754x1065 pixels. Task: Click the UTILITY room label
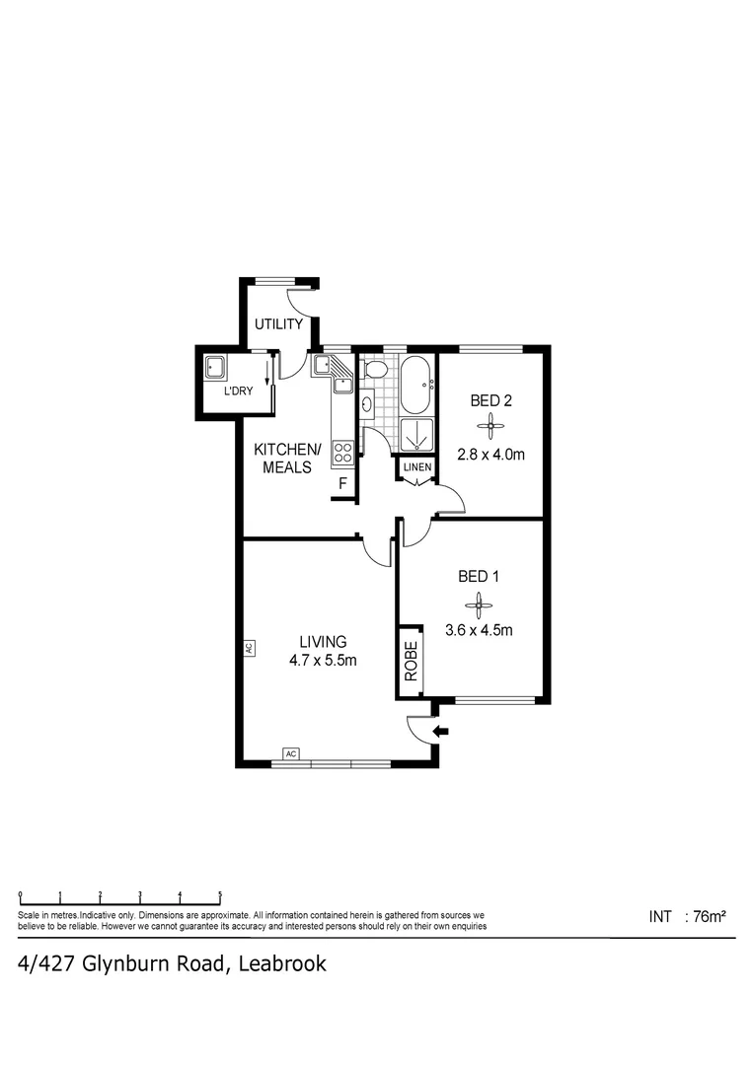[x=278, y=324]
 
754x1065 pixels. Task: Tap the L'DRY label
[x=238, y=390]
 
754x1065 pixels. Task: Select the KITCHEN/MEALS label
[x=287, y=458]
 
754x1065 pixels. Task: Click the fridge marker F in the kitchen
[x=342, y=483]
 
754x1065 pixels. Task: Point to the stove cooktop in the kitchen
[x=343, y=453]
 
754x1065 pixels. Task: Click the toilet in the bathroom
[x=375, y=370]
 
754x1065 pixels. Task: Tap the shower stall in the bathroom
[x=416, y=434]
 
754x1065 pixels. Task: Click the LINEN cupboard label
[x=415, y=466]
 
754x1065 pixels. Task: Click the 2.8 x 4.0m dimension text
[x=490, y=455]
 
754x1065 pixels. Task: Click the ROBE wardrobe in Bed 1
[x=411, y=662]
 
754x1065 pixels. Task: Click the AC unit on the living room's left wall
[x=249, y=649]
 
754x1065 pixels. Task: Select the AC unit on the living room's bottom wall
[x=290, y=753]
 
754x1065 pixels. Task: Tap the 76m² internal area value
[x=710, y=916]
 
